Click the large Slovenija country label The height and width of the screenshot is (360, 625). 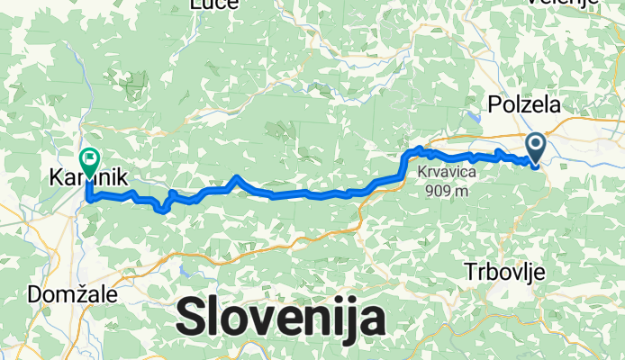[x=280, y=318]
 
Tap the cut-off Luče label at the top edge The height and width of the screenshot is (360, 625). [x=213, y=4]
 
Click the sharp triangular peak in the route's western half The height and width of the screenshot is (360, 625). [x=236, y=178]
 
